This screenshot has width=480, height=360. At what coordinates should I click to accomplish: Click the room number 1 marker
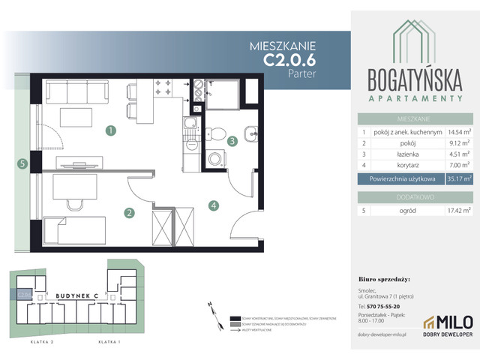(110, 131)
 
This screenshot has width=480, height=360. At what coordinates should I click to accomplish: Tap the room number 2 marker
(129, 213)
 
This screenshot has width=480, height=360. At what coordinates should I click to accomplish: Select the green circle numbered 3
(232, 140)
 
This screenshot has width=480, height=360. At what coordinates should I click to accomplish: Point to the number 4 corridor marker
(214, 205)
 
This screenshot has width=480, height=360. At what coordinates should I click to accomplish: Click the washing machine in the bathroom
(216, 159)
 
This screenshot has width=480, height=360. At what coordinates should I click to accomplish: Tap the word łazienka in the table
(388, 155)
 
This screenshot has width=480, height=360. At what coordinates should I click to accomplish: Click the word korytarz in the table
(388, 166)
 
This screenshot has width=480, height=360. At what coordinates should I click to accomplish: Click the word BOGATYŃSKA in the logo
(412, 78)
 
